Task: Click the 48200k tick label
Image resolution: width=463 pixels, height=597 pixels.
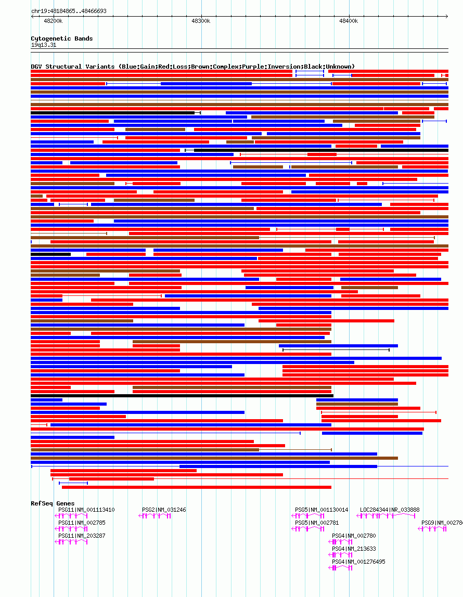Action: (53, 21)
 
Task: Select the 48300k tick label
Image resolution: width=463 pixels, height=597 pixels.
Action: (201, 21)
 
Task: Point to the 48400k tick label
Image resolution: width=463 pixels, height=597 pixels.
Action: (349, 21)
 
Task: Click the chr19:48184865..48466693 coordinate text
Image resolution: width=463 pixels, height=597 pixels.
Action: (69, 11)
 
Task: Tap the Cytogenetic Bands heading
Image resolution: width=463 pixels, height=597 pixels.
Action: (62, 38)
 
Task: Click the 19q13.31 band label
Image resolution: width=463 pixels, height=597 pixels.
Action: (44, 45)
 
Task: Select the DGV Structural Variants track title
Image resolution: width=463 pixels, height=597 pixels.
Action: (192, 67)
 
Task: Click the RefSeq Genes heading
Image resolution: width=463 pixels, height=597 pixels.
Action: (53, 503)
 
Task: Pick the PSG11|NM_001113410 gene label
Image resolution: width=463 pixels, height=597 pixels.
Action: (86, 510)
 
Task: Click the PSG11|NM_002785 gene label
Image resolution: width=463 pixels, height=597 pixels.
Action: (82, 523)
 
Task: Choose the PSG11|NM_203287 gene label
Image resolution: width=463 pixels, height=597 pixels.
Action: (82, 536)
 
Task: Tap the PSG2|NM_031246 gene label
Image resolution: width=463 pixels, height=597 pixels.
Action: (164, 510)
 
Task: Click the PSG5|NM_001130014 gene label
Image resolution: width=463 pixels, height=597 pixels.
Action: (321, 510)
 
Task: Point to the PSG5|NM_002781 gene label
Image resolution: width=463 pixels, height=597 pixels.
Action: (317, 523)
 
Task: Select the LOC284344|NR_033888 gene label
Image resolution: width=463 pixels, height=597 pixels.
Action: (390, 510)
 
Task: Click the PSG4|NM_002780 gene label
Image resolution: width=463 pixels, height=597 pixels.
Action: (354, 536)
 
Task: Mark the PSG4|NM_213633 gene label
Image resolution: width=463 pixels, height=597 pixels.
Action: (354, 549)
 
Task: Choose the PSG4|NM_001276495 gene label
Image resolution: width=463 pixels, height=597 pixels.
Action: (358, 562)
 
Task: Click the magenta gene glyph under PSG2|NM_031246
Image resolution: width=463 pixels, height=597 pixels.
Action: (155, 516)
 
